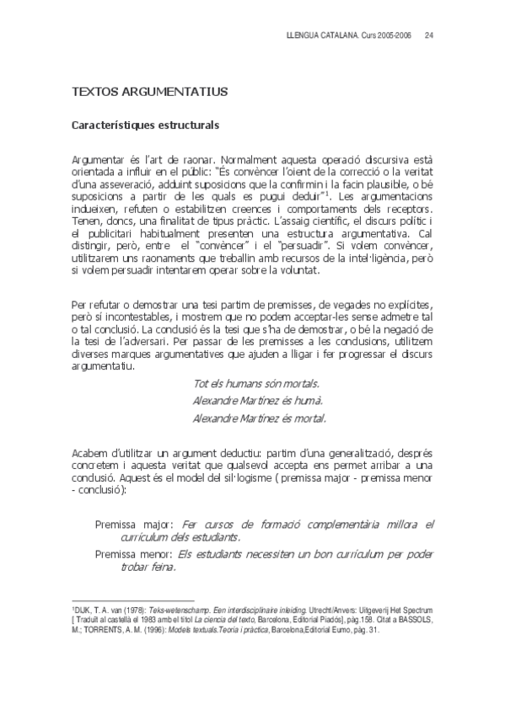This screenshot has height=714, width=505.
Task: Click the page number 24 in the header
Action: [429, 36]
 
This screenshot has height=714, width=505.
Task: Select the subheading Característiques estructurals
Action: [145, 126]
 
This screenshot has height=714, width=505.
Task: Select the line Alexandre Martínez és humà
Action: [258, 401]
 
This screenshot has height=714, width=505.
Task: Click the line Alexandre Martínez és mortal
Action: [260, 418]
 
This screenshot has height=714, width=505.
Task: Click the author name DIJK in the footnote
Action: [82, 608]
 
